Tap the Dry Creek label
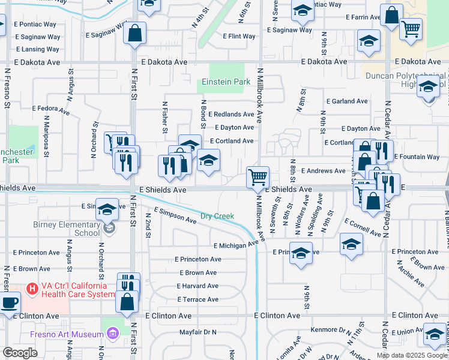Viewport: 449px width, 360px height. point(217,216)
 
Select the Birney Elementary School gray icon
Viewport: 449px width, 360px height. point(109,228)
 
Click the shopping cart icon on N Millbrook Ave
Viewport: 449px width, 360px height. point(258,176)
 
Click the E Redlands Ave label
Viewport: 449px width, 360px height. point(231,114)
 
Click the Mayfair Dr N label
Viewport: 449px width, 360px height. point(197,332)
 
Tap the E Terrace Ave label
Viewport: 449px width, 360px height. point(197,299)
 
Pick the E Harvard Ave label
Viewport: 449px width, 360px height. point(197,286)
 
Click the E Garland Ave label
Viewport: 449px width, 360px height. point(346,101)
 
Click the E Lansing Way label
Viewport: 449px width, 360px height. point(38,49)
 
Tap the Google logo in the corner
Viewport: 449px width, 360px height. point(20,353)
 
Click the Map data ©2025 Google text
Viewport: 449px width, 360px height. point(412,355)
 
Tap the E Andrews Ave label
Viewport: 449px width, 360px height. point(323,171)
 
